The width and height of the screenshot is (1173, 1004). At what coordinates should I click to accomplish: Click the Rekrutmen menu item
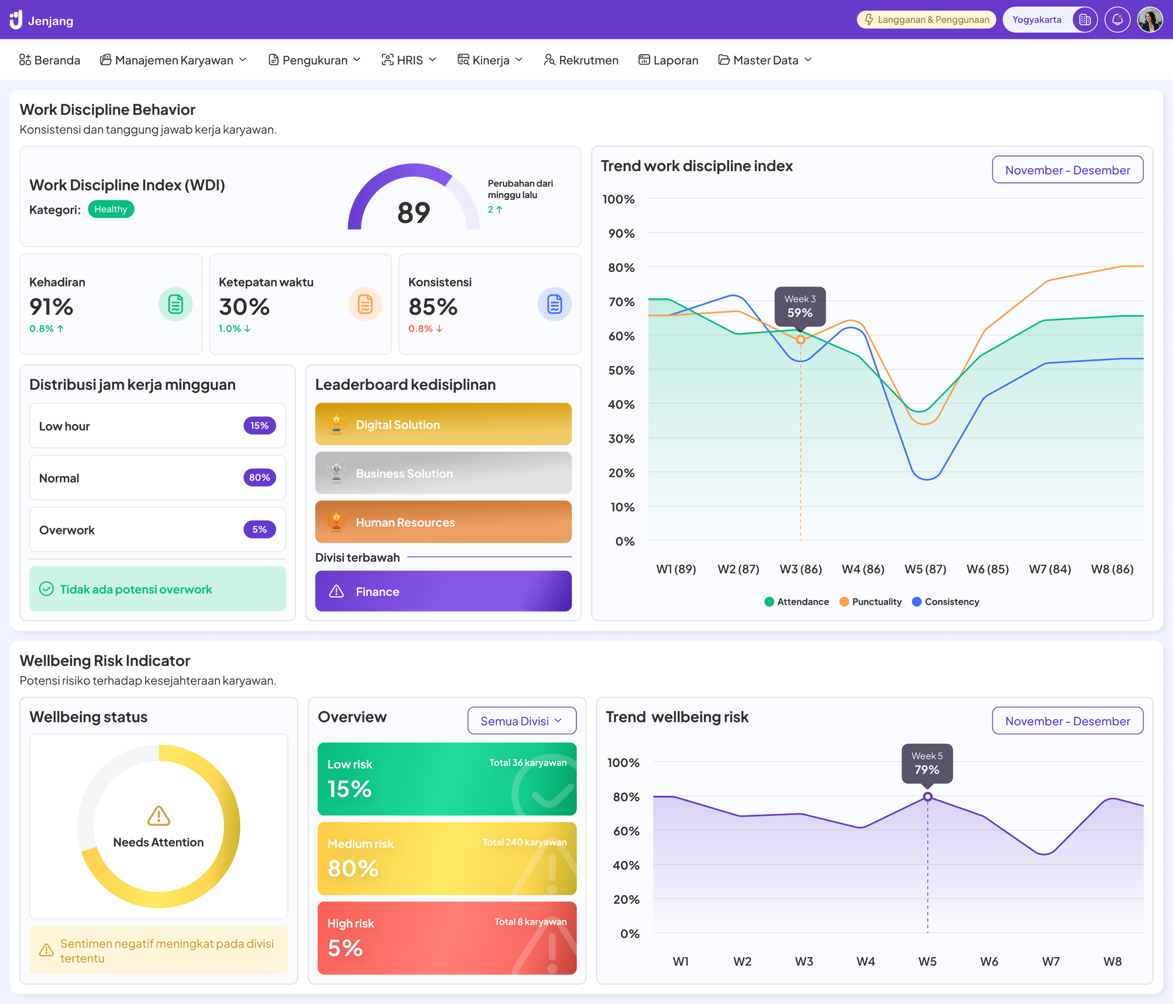581,60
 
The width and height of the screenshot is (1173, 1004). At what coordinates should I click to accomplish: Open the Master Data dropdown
765,60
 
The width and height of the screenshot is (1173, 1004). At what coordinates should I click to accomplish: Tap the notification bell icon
1117,20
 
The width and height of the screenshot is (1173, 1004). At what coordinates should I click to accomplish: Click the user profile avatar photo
1150,20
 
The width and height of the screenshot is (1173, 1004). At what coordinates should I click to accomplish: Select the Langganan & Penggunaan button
926,20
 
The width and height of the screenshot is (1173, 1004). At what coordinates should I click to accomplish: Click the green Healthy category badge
111,209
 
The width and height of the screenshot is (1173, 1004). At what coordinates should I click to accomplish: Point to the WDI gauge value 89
413,212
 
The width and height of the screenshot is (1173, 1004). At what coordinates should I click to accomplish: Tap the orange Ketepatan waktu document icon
365,304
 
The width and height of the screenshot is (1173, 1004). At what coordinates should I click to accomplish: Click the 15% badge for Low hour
259,426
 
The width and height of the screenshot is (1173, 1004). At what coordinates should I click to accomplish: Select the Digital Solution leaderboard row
443,424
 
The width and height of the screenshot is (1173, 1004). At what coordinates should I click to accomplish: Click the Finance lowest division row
443,591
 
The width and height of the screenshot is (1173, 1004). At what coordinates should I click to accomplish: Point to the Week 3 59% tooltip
800,307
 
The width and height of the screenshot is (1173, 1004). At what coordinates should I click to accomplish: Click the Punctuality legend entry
870,602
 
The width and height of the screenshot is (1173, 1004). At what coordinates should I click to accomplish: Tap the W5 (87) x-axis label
925,569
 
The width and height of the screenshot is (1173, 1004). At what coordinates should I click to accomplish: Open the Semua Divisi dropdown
521,721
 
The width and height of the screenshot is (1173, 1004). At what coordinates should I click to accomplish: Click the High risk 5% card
446,938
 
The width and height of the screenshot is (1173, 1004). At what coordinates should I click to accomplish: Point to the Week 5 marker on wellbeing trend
927,797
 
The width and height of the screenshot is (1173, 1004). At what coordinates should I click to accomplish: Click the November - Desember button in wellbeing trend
1067,721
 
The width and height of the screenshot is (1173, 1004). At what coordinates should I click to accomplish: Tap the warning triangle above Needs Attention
158,816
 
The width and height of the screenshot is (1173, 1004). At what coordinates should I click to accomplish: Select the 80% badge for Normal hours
259,477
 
